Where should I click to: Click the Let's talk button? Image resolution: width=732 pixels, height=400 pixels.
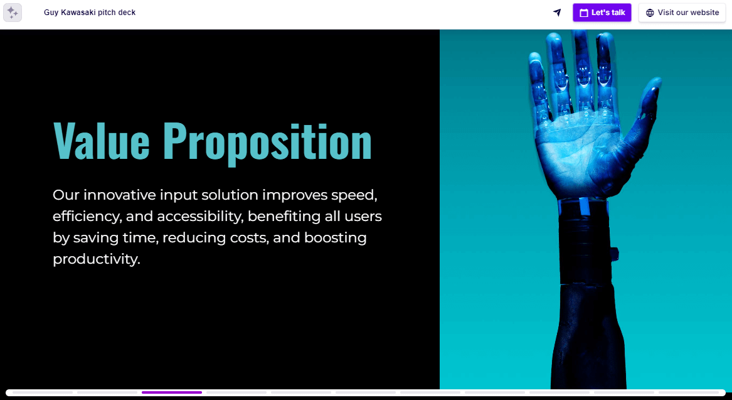pyautogui.click(x=602, y=13)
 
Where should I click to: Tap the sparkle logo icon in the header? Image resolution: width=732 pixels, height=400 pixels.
pyautogui.click(x=13, y=13)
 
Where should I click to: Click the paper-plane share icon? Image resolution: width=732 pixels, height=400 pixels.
pyautogui.click(x=557, y=13)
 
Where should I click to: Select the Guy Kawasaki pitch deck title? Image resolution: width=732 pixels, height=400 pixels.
pyautogui.click(x=90, y=13)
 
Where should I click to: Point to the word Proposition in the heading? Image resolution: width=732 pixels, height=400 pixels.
pyautogui.click(x=267, y=141)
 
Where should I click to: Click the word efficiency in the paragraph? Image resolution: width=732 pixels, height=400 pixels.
pyautogui.click(x=86, y=216)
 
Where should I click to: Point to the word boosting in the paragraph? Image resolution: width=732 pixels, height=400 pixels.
pyautogui.click(x=336, y=237)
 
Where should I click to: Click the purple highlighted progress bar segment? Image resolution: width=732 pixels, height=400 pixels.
pyautogui.click(x=172, y=392)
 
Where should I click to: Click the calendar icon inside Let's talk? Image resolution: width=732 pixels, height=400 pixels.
pyautogui.click(x=583, y=13)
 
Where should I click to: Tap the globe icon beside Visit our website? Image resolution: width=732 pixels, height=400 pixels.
pyautogui.click(x=650, y=13)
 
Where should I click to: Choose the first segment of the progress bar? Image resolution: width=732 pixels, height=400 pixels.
pyautogui.click(x=43, y=392)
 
